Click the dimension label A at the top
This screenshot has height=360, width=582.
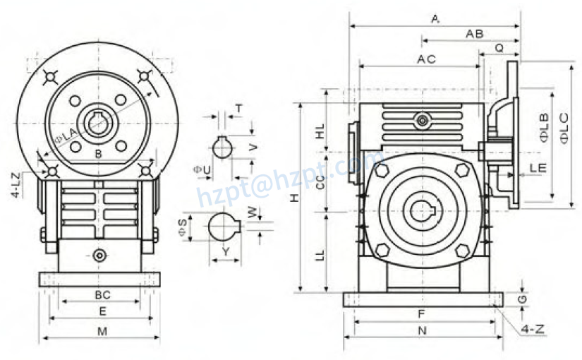click(435, 19)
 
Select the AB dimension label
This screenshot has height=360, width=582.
click(474, 34)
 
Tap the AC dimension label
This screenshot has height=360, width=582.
click(426, 59)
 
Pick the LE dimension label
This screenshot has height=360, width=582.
click(538, 168)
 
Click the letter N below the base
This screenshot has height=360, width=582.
click(422, 330)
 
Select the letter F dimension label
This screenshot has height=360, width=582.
click(422, 313)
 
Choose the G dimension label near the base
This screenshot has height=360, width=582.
click(521, 300)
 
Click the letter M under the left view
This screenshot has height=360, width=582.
click(102, 331)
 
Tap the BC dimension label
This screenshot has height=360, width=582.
click(102, 294)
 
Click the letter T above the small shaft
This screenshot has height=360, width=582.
click(238, 108)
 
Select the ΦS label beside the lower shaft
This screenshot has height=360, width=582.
click(183, 227)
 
